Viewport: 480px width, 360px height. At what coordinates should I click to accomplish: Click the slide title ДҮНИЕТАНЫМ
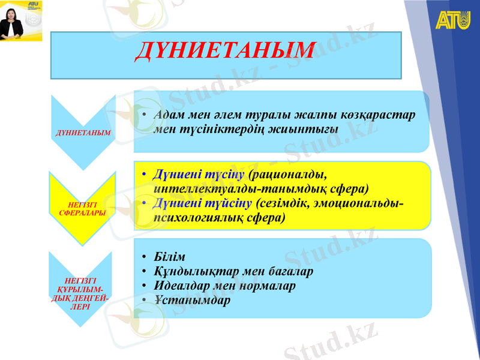pos(224,51)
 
